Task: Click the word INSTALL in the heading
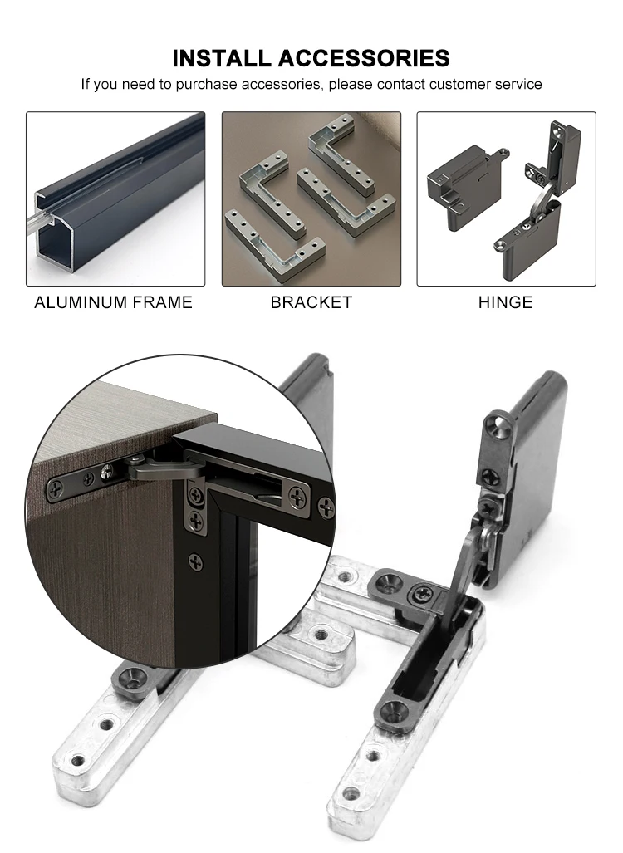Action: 222,58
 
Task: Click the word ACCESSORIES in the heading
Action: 363,58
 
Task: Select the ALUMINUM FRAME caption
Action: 113,302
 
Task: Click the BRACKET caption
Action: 311,302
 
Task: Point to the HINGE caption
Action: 505,302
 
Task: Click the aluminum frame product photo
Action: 115,199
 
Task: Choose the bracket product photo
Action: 311,199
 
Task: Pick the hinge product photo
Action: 506,199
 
